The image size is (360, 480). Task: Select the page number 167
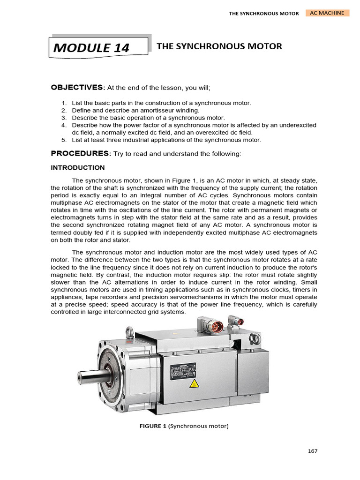pos(313,451)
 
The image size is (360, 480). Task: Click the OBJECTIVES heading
pos(77,87)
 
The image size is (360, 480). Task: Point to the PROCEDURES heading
pos(80,153)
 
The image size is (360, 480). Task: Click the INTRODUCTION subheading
pos(78,167)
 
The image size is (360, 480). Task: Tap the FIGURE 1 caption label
pos(157,427)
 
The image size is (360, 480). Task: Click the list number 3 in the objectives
pos(64,118)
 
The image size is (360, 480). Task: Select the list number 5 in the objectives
pos(64,140)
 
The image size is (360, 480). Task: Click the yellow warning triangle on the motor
pos(194,385)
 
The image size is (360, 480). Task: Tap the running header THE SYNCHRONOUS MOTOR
pos(263,14)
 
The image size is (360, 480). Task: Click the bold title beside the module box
pos(219,46)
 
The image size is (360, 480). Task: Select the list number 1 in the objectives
pos(64,103)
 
